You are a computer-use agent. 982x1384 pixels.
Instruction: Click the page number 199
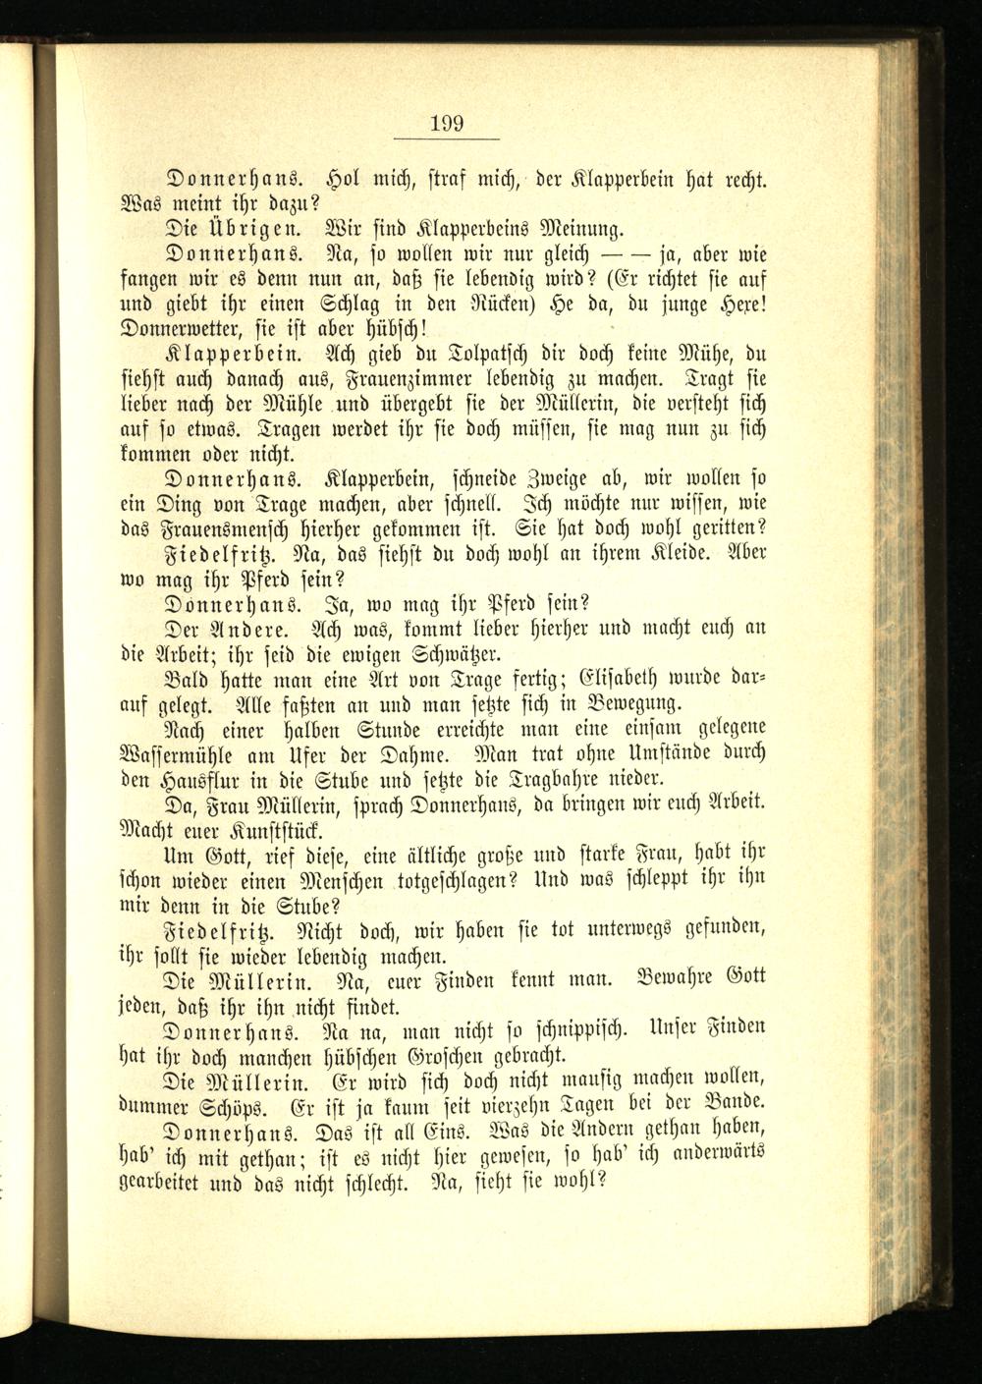point(447,124)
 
